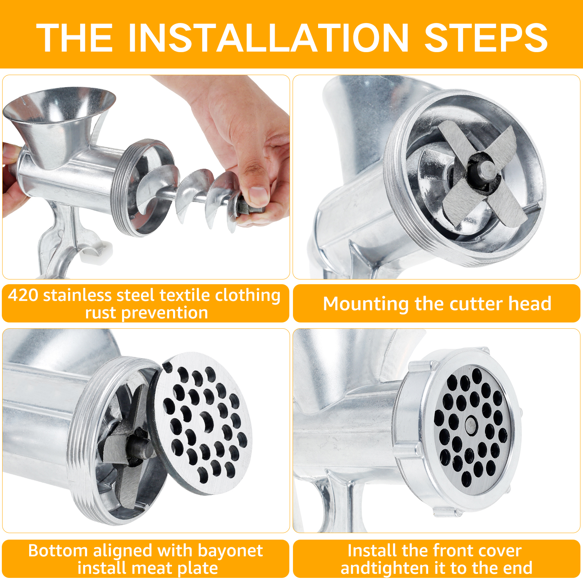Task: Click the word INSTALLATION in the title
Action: (x=269, y=38)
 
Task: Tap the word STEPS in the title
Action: (x=486, y=38)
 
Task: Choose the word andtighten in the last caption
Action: (x=394, y=568)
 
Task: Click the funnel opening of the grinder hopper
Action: (x=59, y=104)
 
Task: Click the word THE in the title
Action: (x=74, y=38)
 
